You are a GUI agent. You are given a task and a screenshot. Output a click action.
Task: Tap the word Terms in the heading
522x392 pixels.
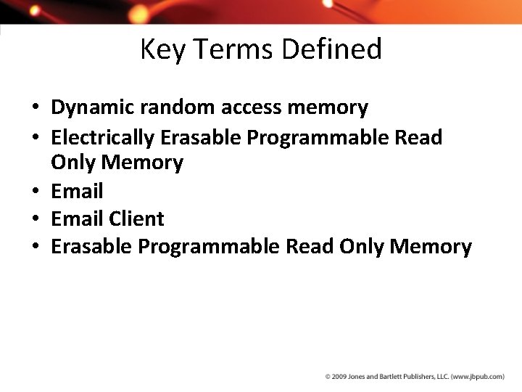tap(228, 49)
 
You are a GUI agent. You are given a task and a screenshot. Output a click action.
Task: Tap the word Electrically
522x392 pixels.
tap(103, 136)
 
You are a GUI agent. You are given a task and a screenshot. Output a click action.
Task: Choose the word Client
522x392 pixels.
tap(137, 219)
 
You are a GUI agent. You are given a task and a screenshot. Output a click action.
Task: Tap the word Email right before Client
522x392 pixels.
tap(77, 219)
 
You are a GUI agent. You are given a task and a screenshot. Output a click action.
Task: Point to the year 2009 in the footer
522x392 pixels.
tap(340, 377)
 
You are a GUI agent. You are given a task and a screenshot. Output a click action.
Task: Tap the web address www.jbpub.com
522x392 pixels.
tap(478, 377)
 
